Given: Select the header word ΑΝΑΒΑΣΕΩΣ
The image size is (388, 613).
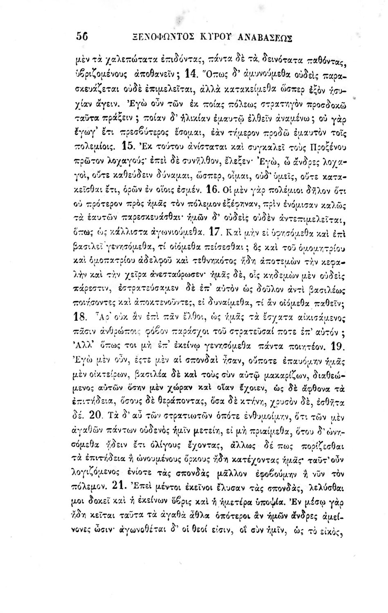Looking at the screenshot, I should (264, 38).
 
